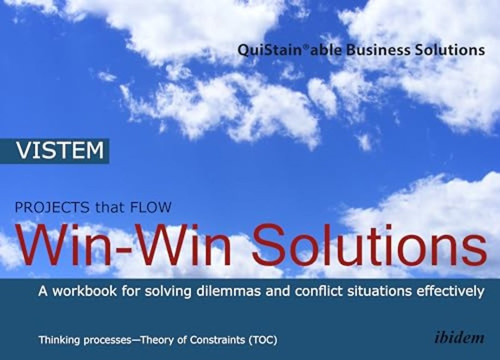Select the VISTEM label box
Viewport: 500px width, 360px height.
coord(59,151)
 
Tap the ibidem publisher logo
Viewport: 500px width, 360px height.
coord(459,338)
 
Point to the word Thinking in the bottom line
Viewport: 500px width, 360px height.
coord(59,341)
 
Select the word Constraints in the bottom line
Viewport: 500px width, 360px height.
coord(211,341)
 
